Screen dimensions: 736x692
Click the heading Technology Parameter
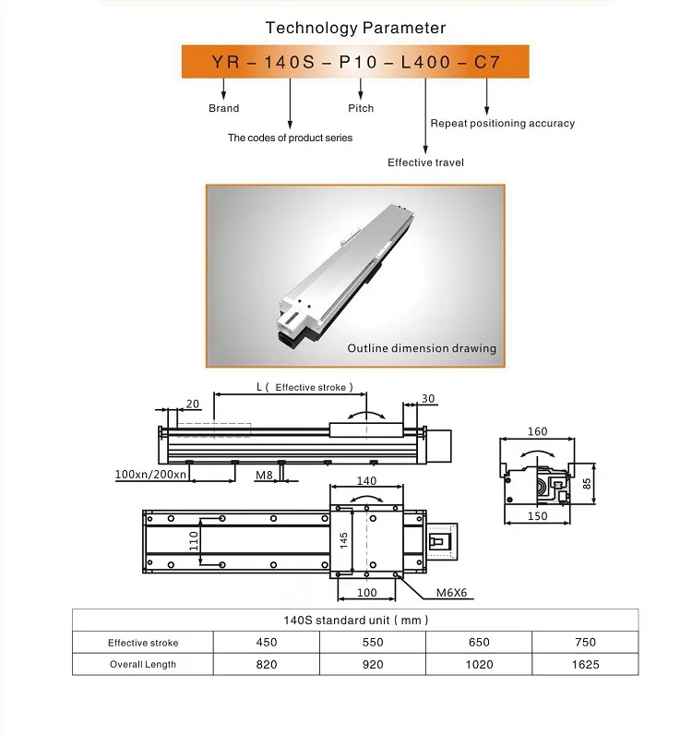(355, 28)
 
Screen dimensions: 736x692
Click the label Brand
(223, 108)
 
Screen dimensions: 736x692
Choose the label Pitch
(361, 108)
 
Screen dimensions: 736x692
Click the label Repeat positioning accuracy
(502, 123)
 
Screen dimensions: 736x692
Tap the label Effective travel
(425, 163)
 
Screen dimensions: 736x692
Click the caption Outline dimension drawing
(422, 348)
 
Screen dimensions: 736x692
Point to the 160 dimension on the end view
(537, 431)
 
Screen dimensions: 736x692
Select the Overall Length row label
(143, 664)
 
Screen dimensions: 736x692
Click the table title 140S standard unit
(355, 621)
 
